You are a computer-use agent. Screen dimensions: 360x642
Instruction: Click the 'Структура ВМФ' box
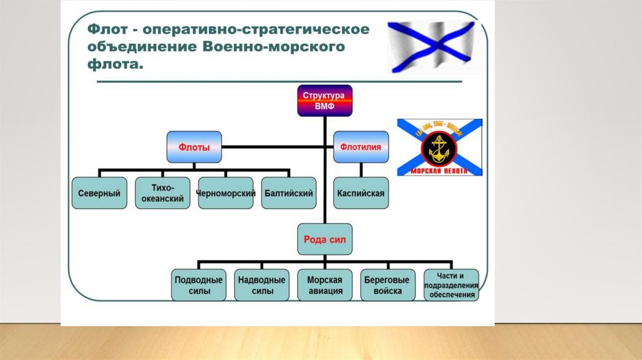[x=324, y=100]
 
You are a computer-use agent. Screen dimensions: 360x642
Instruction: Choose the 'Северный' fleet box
[x=99, y=193]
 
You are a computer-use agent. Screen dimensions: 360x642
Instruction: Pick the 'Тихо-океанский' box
[x=162, y=193]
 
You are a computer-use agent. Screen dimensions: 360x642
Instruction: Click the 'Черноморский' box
[x=226, y=193]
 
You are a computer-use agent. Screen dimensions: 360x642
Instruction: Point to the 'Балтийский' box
[x=288, y=193]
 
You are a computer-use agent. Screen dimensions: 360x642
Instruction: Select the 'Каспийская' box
[x=360, y=193]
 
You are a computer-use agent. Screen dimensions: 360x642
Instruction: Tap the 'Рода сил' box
[x=325, y=239]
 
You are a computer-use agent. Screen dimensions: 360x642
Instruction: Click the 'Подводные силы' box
[x=198, y=285]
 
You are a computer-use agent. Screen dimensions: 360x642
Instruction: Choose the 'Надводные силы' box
[x=262, y=285]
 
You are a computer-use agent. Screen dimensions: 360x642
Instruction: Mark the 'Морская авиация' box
[x=325, y=285]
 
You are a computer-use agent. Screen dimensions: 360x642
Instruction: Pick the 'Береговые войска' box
[x=387, y=285]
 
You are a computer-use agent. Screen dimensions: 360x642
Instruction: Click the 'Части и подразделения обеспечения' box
[x=451, y=285]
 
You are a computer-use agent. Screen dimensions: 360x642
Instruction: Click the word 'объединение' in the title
[x=139, y=47]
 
